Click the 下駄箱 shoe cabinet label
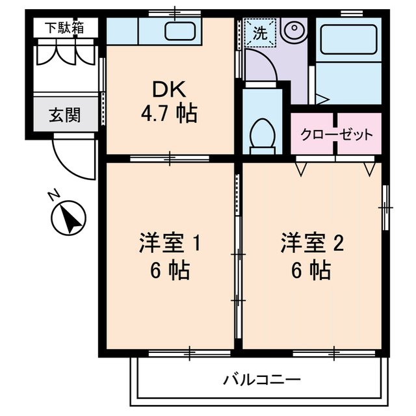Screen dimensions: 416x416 coord(64,28)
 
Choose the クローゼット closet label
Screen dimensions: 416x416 coord(336,135)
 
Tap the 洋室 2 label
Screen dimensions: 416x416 coord(312,244)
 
